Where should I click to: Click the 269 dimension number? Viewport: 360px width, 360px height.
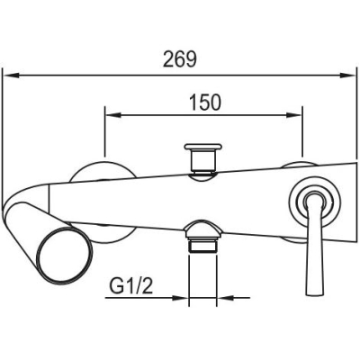coord(180,59)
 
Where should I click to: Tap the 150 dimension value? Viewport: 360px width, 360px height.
coord(205,103)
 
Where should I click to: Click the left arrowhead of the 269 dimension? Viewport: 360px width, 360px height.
coord(13,76)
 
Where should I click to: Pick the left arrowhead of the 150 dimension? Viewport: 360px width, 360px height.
coord(113,115)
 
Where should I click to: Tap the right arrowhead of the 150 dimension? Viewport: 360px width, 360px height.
coord(292,115)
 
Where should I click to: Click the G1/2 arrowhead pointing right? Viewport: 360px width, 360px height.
coord(180,298)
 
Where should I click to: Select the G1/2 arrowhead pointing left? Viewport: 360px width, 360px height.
coord(225,298)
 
